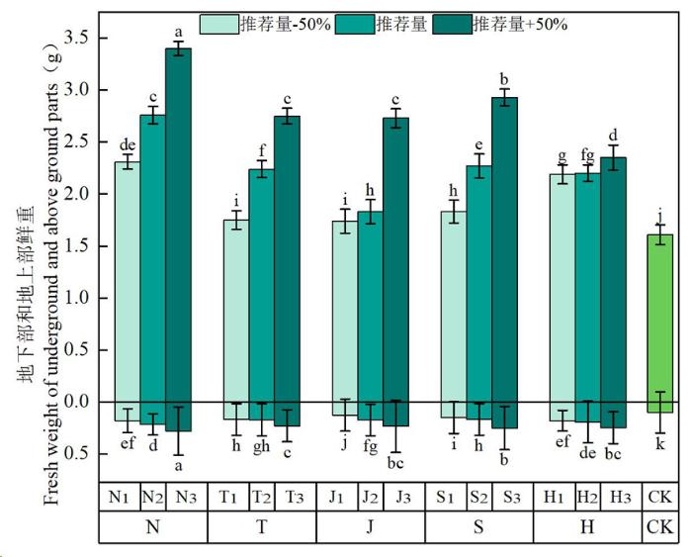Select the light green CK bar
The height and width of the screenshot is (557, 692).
click(x=659, y=317)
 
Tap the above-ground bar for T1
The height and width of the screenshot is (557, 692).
click(x=235, y=307)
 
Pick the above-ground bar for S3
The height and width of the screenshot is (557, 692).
click(x=504, y=247)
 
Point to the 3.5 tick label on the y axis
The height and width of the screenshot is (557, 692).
click(x=79, y=38)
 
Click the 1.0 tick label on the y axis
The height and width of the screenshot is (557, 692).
click(x=79, y=298)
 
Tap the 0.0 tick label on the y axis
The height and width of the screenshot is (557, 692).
click(x=79, y=402)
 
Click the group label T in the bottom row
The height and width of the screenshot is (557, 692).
click(x=262, y=527)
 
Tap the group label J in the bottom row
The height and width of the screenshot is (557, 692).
click(x=371, y=527)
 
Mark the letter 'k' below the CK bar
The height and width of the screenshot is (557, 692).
click(x=659, y=446)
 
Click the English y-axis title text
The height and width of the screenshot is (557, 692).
click(x=49, y=277)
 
